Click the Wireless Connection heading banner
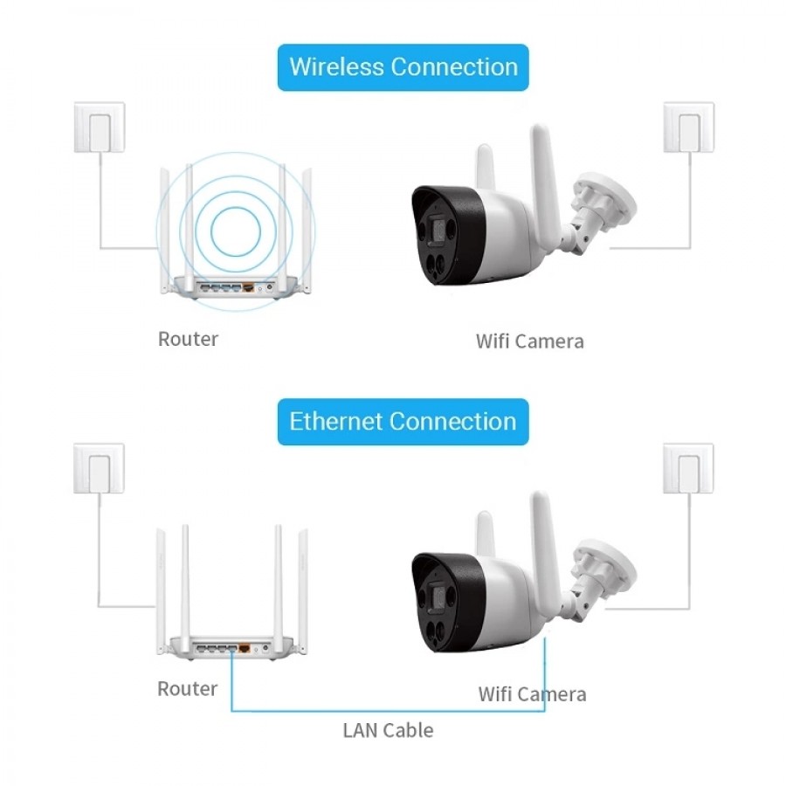403,67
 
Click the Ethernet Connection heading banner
403,422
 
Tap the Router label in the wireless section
188,339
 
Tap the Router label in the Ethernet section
187,689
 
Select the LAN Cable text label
388,730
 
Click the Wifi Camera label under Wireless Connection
529,341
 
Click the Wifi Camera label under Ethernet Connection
532,694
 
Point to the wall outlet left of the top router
99,128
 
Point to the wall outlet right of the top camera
689,128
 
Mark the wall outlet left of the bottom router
99,468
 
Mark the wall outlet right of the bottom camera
688,468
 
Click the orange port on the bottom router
246,648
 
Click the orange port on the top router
248,286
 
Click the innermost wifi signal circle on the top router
235,229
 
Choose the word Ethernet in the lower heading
337,422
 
